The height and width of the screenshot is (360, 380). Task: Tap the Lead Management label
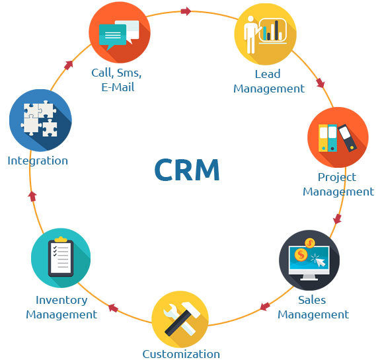point(268,81)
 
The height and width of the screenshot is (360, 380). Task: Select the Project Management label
point(338,184)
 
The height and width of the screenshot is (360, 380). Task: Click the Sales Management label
point(313,307)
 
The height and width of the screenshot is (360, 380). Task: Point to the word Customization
point(181,353)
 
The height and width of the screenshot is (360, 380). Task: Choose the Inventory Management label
point(61,307)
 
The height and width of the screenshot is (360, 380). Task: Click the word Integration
point(38,161)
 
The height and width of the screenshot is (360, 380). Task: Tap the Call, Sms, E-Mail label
point(117,80)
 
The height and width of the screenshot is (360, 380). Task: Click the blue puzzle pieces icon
point(40,120)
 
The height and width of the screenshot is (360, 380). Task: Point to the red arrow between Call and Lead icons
point(186,11)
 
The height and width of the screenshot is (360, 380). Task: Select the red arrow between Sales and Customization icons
point(265,306)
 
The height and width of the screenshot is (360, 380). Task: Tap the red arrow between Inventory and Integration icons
point(32,196)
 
